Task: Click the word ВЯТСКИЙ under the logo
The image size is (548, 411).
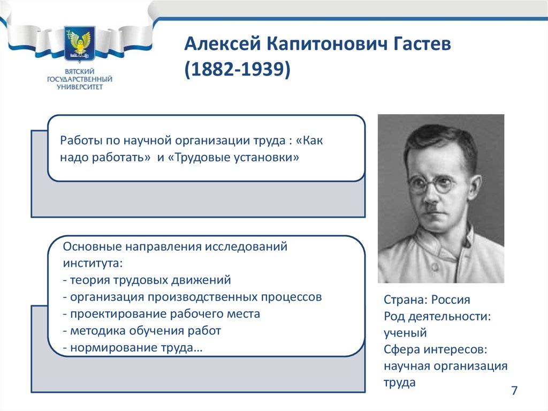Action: click(x=79, y=71)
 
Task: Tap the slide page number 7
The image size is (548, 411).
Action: click(x=514, y=390)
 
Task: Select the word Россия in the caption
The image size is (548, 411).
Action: click(x=451, y=300)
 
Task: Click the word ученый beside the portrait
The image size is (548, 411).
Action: click(x=405, y=333)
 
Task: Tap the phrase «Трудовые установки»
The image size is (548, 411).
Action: click(x=233, y=157)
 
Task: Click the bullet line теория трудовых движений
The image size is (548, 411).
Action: click(x=147, y=280)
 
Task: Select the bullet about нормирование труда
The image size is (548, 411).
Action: click(x=133, y=348)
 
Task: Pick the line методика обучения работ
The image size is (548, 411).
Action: click(x=142, y=331)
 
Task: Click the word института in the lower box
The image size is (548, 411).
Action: click(x=93, y=263)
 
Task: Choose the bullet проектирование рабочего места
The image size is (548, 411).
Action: click(x=162, y=314)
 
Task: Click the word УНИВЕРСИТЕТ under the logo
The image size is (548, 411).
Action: click(x=80, y=87)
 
